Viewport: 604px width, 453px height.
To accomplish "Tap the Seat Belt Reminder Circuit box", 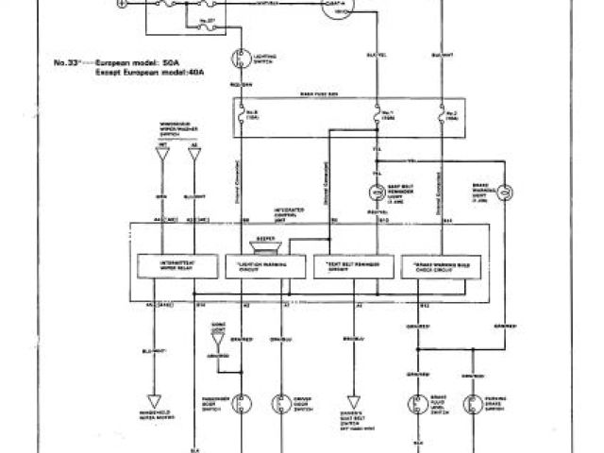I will [349, 265].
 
